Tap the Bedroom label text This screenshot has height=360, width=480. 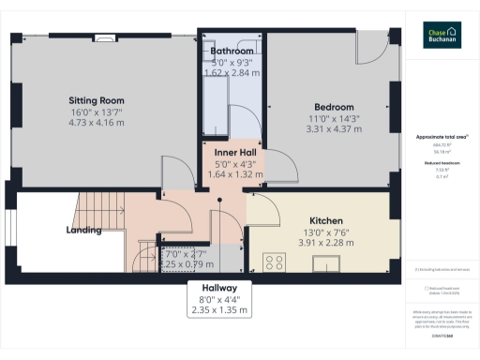pyautogui.click(x=334, y=107)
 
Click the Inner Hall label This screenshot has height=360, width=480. pyautogui.click(x=232, y=153)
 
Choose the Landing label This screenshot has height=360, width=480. pyautogui.click(x=83, y=230)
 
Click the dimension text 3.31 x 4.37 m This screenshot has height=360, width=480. pyautogui.click(x=334, y=129)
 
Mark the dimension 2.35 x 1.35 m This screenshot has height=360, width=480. pyautogui.click(x=218, y=309)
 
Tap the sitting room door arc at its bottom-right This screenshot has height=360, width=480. pyautogui.click(x=172, y=170)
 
